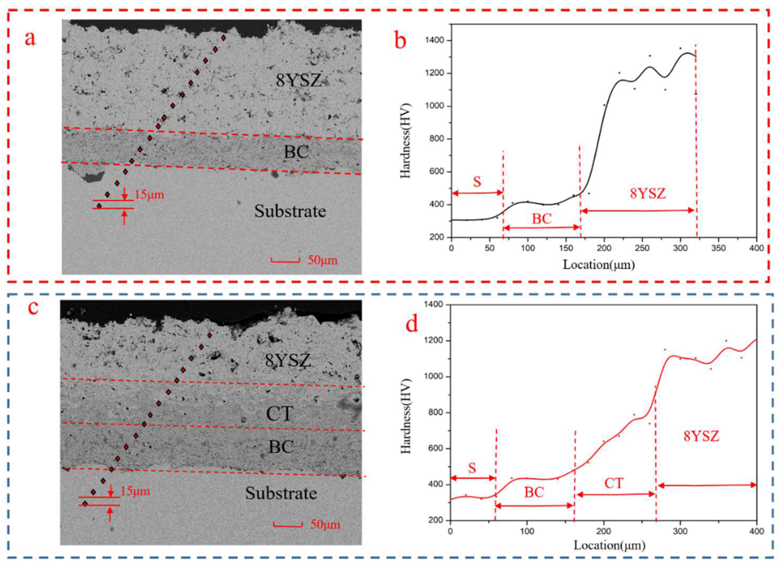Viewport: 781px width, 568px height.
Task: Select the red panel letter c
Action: tap(33, 307)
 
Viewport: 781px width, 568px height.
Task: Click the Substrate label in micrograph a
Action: tap(290, 211)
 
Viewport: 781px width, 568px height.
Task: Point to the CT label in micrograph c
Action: tap(280, 414)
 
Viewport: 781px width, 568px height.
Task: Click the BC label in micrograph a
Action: tap(296, 152)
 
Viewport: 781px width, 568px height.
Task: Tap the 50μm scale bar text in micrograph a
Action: tap(322, 260)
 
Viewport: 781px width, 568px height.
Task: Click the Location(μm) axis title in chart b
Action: tap(599, 264)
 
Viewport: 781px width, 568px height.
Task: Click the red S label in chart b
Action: tap(477, 182)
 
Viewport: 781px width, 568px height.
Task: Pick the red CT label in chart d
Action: tap(614, 483)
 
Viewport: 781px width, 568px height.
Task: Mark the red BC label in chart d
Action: tap(534, 493)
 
